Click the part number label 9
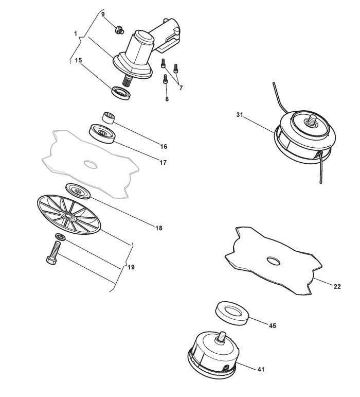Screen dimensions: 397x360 [x=103, y=14]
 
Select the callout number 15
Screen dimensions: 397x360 [x=79, y=60]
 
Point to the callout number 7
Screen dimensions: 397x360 [x=181, y=88]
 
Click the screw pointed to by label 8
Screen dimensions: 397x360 [x=166, y=80]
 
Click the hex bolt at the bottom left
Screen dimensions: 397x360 [x=52, y=255]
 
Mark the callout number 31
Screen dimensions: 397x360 [x=240, y=114]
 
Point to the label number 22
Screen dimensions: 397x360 [x=337, y=286]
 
